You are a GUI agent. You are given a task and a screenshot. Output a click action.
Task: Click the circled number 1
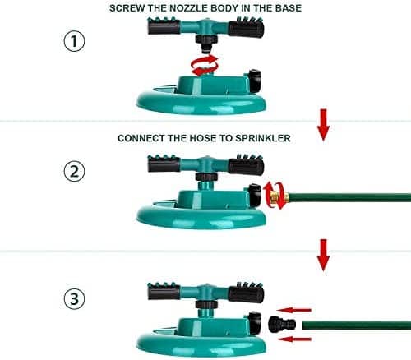74,41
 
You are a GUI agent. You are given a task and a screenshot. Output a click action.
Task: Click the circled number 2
74,171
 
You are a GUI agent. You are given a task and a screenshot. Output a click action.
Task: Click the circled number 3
74,298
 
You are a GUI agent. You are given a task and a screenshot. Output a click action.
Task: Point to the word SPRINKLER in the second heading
263,138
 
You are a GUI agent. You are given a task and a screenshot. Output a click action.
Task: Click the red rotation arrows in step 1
205,65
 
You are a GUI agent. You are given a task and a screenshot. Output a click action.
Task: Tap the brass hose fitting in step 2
279,196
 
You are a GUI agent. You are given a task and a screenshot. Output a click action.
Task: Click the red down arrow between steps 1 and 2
323,125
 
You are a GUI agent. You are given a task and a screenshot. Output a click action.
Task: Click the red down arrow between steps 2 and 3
323,255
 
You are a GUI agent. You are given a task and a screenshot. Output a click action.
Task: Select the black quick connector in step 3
282,325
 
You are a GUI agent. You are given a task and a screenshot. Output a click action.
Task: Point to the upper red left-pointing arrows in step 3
294,310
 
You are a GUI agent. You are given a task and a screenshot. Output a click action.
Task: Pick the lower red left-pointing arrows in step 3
294,339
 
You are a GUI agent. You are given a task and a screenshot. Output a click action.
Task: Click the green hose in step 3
357,325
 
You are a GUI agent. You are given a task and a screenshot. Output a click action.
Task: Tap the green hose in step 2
349,196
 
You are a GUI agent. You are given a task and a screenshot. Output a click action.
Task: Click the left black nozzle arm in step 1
164,26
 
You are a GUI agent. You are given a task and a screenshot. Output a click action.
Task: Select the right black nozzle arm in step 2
246,164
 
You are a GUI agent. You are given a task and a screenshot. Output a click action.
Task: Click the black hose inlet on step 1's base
255,81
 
